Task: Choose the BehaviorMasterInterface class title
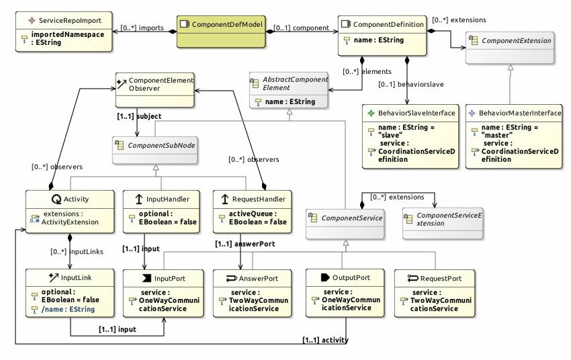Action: tap(517, 113)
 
